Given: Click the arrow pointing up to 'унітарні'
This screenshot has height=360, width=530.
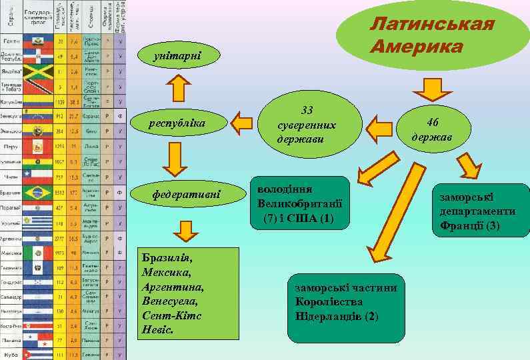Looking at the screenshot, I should click(178, 87).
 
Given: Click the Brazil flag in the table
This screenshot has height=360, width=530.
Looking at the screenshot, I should click(38, 193).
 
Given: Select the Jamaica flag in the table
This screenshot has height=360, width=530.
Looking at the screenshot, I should click(38, 70).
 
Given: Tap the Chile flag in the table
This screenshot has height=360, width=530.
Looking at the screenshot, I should click(38, 177).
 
